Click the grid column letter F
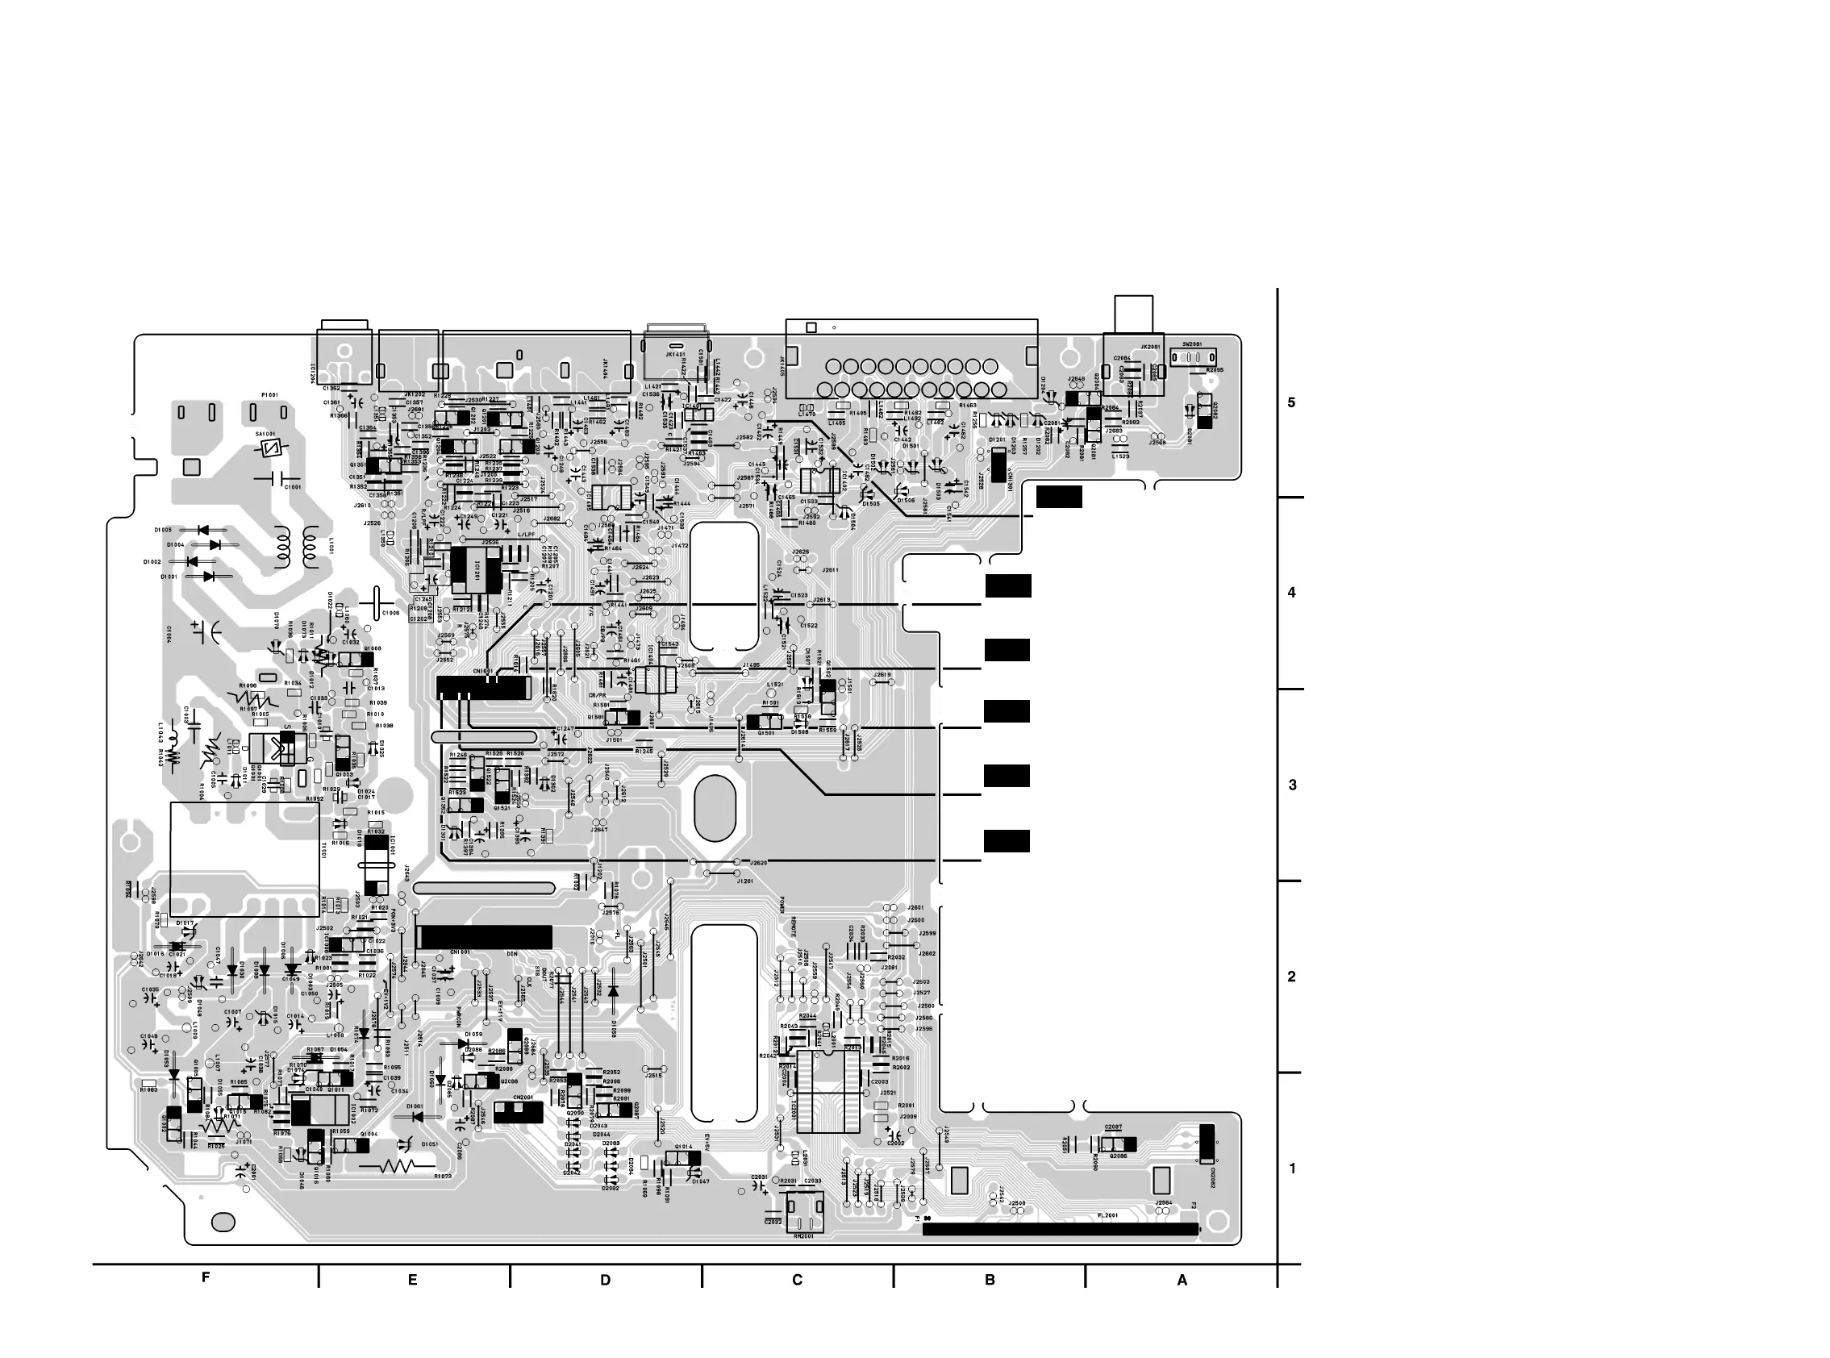click(x=206, y=1277)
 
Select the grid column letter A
click(x=1182, y=1280)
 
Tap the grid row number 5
click(x=1291, y=402)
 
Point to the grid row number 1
click(x=1292, y=1168)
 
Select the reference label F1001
click(x=269, y=395)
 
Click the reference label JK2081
click(x=1150, y=347)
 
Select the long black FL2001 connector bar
click(x=1061, y=1229)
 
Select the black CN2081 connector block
click(x=519, y=1113)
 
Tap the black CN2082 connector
click(x=1207, y=1143)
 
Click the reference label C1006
click(x=390, y=613)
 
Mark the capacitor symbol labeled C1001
click(x=281, y=477)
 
